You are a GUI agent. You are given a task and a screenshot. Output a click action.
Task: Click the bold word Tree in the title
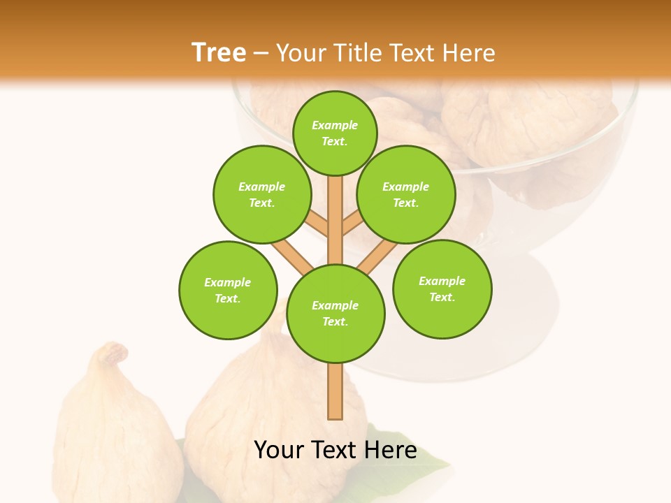(x=219, y=52)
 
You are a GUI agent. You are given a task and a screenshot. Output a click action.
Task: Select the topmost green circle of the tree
(x=335, y=133)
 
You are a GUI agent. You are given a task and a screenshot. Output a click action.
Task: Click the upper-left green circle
(x=261, y=194)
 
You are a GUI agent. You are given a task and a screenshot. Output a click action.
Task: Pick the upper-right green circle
(x=406, y=194)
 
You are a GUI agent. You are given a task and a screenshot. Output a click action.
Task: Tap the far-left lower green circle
(x=228, y=290)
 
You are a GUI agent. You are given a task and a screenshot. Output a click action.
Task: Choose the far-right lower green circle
(x=442, y=289)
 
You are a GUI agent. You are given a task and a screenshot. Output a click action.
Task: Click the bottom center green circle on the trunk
(x=335, y=313)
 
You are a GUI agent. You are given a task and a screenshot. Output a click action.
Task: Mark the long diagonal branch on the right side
(x=377, y=254)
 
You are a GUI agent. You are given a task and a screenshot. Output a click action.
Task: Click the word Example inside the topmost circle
(x=335, y=125)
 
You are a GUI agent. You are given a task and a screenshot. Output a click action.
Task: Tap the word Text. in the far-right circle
(x=442, y=297)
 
